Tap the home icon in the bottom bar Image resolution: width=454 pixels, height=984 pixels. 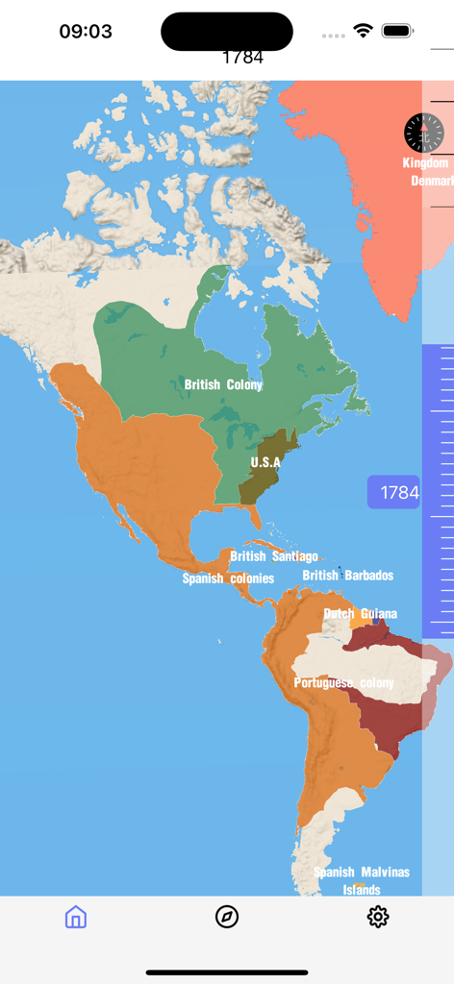tap(76, 917)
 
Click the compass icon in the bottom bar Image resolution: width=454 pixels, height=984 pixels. tap(227, 917)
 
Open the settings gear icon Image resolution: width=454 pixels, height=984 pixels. tap(378, 917)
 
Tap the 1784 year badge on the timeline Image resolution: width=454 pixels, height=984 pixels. tap(394, 493)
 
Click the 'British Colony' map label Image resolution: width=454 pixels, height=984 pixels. tap(223, 385)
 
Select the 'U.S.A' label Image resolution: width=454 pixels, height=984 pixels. tap(265, 462)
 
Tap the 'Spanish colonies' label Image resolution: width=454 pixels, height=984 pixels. tap(228, 578)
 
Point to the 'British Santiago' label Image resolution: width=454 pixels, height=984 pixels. tap(274, 556)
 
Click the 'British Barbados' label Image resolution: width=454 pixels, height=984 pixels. tap(347, 576)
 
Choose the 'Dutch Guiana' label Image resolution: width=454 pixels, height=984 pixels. tap(360, 613)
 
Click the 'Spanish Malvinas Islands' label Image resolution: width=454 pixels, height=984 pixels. tap(362, 880)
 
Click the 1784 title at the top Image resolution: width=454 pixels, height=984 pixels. tap(242, 58)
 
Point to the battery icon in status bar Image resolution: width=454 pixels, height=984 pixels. tap(397, 31)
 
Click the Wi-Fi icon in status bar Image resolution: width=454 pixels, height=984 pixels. tap(363, 31)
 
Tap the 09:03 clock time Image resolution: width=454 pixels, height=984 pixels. tap(86, 31)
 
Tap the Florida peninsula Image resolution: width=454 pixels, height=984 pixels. tap(254, 520)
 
